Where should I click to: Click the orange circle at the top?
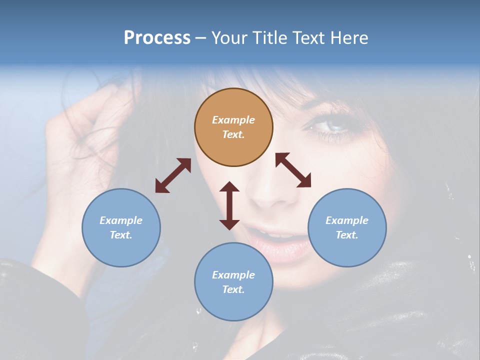point(233,127)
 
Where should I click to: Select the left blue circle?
point(121,227)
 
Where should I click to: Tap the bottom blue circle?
point(233,281)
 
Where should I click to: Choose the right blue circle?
point(347,227)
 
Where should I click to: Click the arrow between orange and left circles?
point(173,175)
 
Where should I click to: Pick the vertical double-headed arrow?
point(229,205)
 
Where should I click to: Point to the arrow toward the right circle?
point(293,170)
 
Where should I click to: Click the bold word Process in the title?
point(157,38)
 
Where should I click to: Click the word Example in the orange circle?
point(233,120)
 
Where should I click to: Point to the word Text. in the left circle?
point(121,235)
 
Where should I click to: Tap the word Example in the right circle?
point(347,220)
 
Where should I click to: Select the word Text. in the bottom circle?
point(233,289)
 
